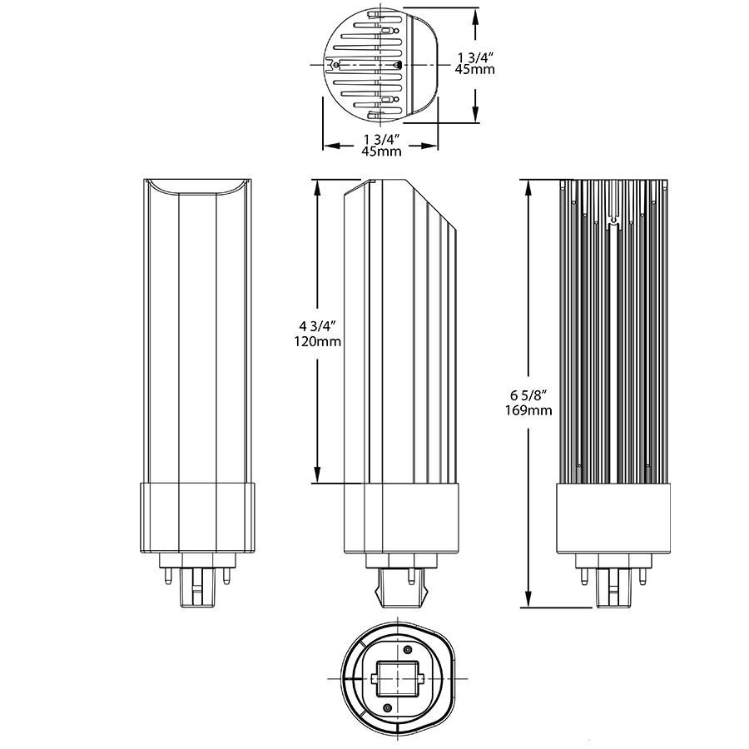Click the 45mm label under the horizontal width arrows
381,151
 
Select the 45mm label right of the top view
475,70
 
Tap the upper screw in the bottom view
407,649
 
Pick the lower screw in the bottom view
388,707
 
